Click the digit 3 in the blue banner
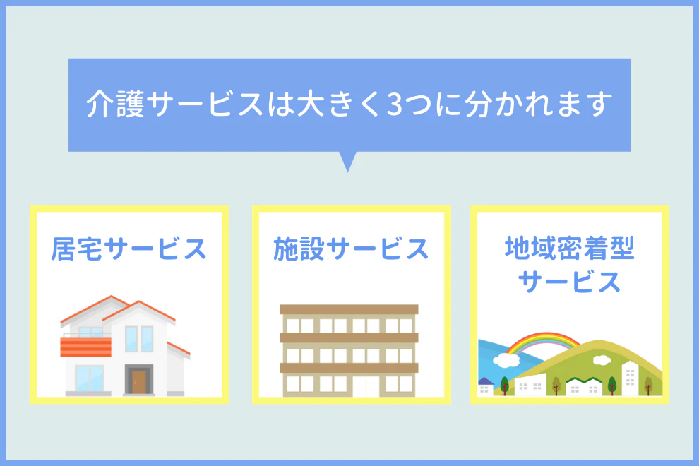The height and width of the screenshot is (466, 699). point(395,104)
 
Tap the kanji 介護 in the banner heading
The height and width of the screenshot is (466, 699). point(115,104)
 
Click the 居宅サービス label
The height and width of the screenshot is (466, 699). point(129,249)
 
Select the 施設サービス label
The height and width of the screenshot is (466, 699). point(352,249)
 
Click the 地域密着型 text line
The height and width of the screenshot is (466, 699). point(570,248)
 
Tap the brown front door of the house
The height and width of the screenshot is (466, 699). point(139,382)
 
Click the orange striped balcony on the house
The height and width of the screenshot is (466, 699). point(85,347)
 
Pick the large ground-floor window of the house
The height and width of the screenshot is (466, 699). point(90,378)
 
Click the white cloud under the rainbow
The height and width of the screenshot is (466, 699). point(506,360)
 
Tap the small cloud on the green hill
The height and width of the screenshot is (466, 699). point(602,359)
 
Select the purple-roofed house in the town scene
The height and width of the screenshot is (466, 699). point(485,387)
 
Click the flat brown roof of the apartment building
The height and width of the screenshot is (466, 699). point(349,309)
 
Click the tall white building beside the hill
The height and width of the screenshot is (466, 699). point(630,378)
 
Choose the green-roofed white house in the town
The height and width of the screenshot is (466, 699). point(585,387)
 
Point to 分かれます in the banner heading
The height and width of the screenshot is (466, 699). point(538,104)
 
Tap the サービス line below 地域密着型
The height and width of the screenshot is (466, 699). point(570,282)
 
